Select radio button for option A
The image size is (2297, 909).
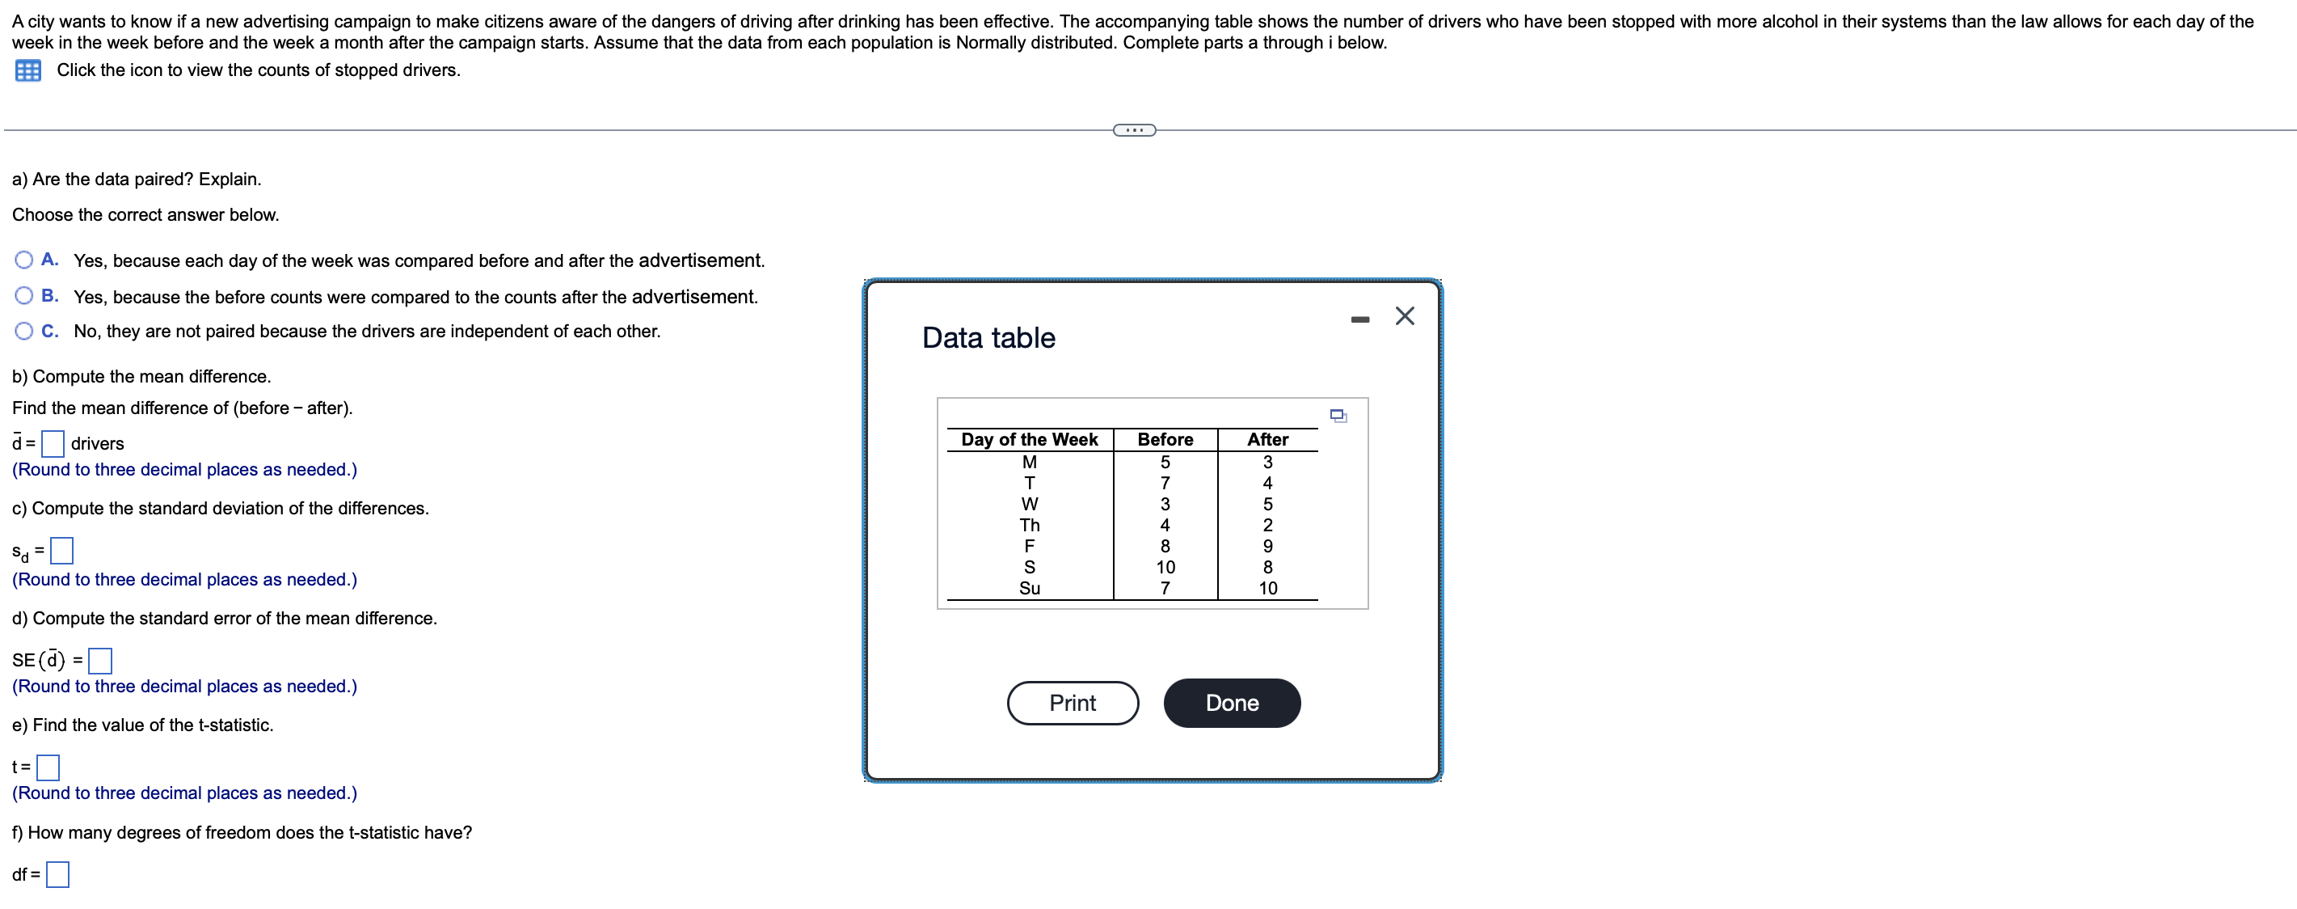(x=24, y=260)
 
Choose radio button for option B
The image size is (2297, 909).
(x=24, y=296)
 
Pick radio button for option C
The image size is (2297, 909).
(x=24, y=331)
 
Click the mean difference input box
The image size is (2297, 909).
(x=53, y=443)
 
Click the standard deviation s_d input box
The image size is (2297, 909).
(x=61, y=552)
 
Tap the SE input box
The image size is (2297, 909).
(x=100, y=661)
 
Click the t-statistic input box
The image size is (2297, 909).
(x=48, y=767)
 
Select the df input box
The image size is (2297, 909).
(x=58, y=875)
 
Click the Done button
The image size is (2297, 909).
(x=1232, y=703)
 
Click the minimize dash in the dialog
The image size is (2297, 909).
(x=1359, y=319)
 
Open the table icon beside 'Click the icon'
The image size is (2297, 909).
(x=27, y=70)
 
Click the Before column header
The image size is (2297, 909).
(x=1165, y=440)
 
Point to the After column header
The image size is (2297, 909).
(x=1267, y=440)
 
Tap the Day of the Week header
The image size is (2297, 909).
(x=1029, y=440)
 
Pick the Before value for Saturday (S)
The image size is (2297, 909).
(x=1165, y=568)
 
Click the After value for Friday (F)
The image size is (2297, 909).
(x=1267, y=546)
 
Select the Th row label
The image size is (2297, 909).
(x=1029, y=526)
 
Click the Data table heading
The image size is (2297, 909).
(x=988, y=338)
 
